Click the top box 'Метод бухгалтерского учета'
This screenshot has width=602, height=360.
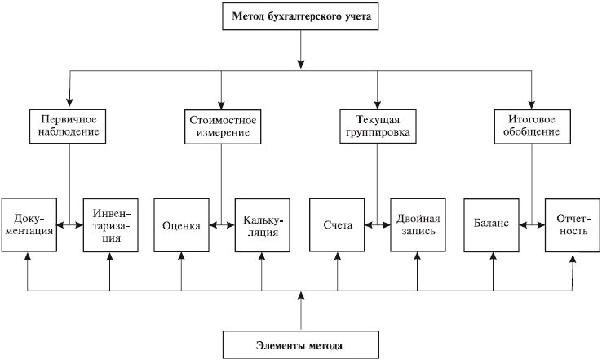(x=300, y=16)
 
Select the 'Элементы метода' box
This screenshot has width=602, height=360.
(x=301, y=345)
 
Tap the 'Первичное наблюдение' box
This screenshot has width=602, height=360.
(x=68, y=127)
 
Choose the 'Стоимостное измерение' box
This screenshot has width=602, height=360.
(x=223, y=127)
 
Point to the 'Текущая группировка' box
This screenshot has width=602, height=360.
(x=378, y=127)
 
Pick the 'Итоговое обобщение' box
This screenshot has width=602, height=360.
(x=532, y=127)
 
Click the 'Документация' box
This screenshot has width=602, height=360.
(x=29, y=225)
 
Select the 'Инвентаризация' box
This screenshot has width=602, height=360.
(x=111, y=225)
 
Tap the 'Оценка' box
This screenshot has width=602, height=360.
(x=181, y=225)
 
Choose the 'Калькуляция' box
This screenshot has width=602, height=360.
(x=262, y=225)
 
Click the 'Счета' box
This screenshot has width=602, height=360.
(x=337, y=225)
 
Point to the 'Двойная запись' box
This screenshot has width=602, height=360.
(x=418, y=225)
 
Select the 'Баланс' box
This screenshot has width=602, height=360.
(x=491, y=225)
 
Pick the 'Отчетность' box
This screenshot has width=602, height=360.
(x=573, y=225)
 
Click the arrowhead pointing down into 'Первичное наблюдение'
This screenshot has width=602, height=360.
(x=69, y=102)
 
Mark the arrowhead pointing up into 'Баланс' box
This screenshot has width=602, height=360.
(x=494, y=256)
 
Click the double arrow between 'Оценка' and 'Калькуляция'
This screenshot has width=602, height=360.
(x=222, y=225)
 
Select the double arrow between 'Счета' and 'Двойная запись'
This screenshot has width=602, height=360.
(x=378, y=225)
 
